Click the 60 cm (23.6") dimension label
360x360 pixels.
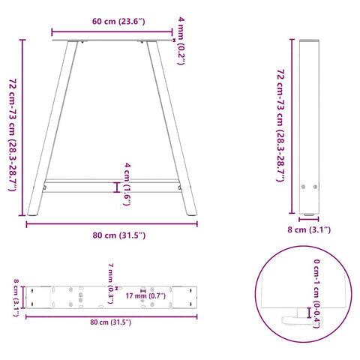(112, 22)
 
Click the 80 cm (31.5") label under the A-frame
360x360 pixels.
(114, 235)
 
